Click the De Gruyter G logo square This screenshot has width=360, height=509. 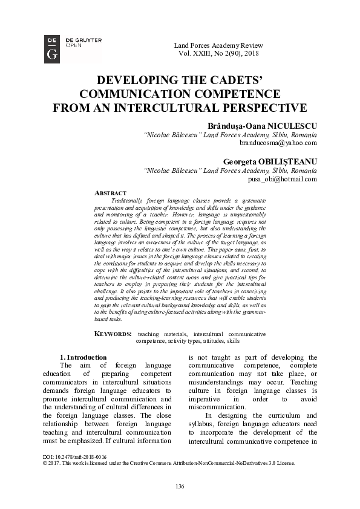pyautogui.click(x=52, y=48)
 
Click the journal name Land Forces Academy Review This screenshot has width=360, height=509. pyautogui.click(x=214, y=45)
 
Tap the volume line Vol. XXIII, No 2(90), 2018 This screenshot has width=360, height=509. pyautogui.click(x=214, y=53)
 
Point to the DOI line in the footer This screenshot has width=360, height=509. pyautogui.click(x=76, y=457)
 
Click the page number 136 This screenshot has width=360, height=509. pyautogui.click(x=180, y=487)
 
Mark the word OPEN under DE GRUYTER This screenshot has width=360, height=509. pyautogui.click(x=74, y=45)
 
